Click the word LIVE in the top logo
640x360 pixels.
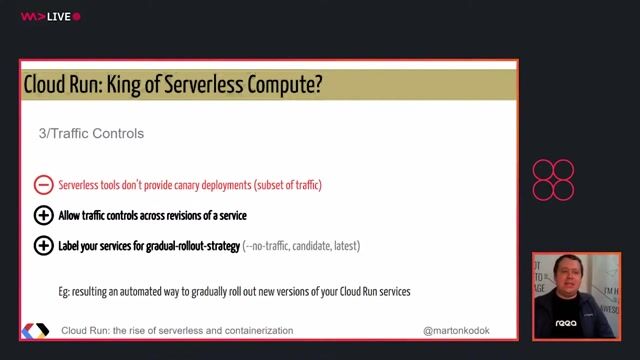(x=59, y=16)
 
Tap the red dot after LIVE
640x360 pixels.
(x=77, y=16)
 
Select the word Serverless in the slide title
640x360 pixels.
(x=210, y=85)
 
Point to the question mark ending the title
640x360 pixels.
(x=317, y=85)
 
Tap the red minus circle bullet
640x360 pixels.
(x=43, y=185)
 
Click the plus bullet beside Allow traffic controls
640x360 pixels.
(x=43, y=215)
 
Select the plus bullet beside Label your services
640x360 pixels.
(x=43, y=245)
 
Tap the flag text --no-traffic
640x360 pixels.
(x=271, y=245)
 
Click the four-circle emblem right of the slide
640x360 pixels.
(x=553, y=180)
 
